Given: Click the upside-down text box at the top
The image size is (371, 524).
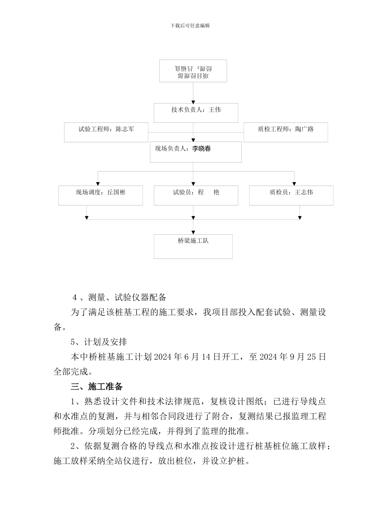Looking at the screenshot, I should [x=193, y=71].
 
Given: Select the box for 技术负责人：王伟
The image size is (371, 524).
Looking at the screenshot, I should [x=196, y=113].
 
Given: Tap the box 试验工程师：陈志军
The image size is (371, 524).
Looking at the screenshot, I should [x=106, y=133].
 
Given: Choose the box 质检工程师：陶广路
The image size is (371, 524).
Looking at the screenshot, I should [x=285, y=133].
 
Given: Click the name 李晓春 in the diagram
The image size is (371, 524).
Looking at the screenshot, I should [x=202, y=149].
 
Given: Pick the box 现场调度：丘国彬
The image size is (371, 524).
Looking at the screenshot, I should [x=100, y=195].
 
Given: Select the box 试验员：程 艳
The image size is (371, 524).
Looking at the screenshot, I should [x=196, y=195].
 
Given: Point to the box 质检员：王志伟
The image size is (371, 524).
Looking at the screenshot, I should [x=291, y=195].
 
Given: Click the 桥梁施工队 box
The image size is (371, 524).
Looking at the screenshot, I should [x=193, y=246].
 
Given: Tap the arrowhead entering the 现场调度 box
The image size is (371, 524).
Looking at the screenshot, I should [x=98, y=184].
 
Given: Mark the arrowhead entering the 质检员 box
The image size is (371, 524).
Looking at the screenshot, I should [x=294, y=184].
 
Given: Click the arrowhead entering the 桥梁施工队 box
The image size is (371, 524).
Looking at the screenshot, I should [x=193, y=232].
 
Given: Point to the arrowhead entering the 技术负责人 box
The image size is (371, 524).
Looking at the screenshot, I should [x=193, y=101].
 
